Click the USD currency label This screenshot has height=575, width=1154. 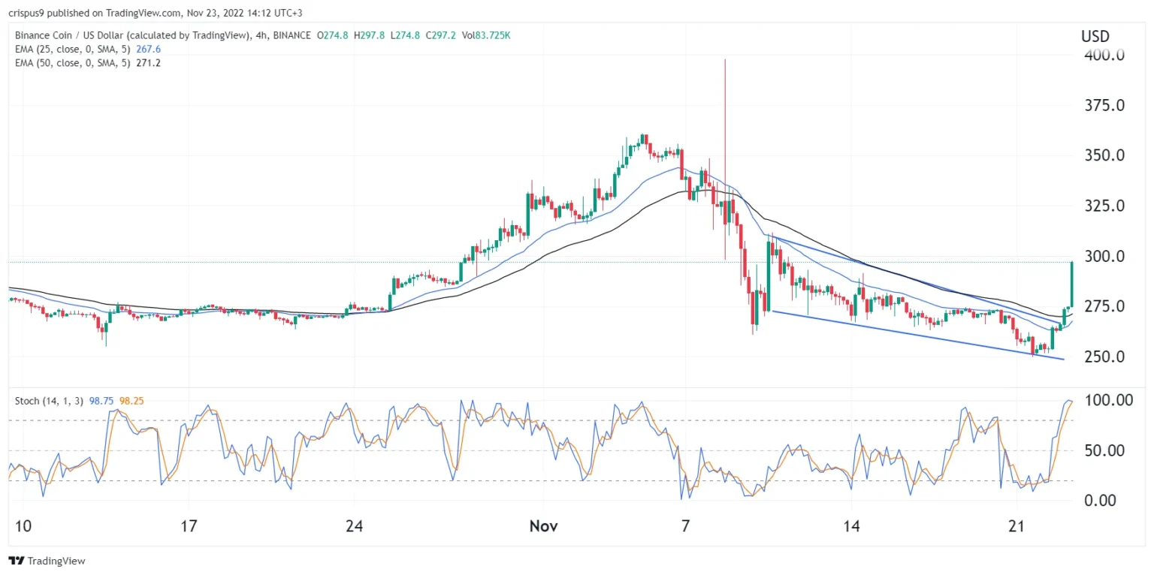[x=1095, y=36]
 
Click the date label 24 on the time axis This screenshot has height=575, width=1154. [x=355, y=526]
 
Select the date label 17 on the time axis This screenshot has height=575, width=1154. [x=189, y=526]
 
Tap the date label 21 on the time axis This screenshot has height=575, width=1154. [x=1017, y=526]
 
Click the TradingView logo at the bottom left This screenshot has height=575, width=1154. [x=47, y=561]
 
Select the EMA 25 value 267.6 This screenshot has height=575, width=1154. [x=147, y=49]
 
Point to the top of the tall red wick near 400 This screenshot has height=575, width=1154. [x=725, y=60]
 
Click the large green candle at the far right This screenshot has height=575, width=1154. [x=1071, y=284]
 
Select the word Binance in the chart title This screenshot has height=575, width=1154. [x=35, y=35]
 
